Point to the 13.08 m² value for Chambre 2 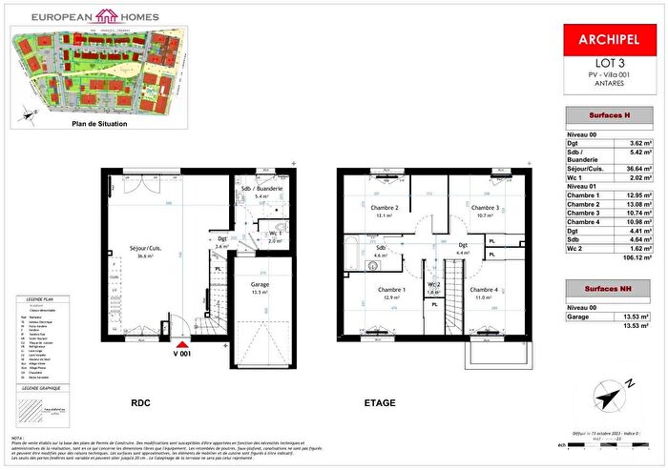click(637, 203)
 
